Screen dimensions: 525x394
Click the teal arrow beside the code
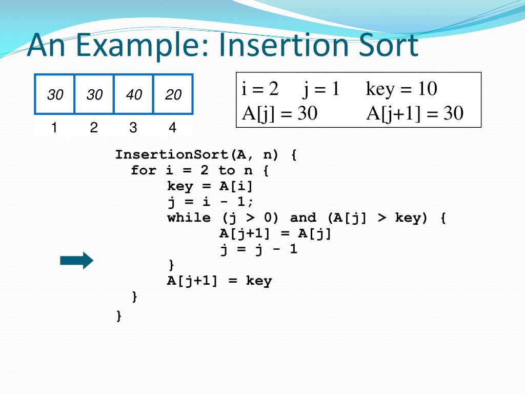76,261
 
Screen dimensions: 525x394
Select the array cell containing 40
134,94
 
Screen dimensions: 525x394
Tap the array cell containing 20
173,94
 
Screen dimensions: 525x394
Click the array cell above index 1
55,94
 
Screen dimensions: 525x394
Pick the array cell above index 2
94,94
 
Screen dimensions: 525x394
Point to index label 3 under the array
133,128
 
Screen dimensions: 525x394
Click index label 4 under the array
172,128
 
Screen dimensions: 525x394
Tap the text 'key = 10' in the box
401,89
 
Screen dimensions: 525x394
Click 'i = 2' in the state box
260,89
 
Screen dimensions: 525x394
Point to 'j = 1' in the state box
321,89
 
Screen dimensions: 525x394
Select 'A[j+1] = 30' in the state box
415,113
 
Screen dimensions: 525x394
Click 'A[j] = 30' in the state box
280,113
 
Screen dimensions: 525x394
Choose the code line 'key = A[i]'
210,186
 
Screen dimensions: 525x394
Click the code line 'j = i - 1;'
211,202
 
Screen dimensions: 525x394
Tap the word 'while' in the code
189,218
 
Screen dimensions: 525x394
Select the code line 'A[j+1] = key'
219,281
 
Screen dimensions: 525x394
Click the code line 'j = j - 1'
259,249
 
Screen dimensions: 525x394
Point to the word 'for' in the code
143,170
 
